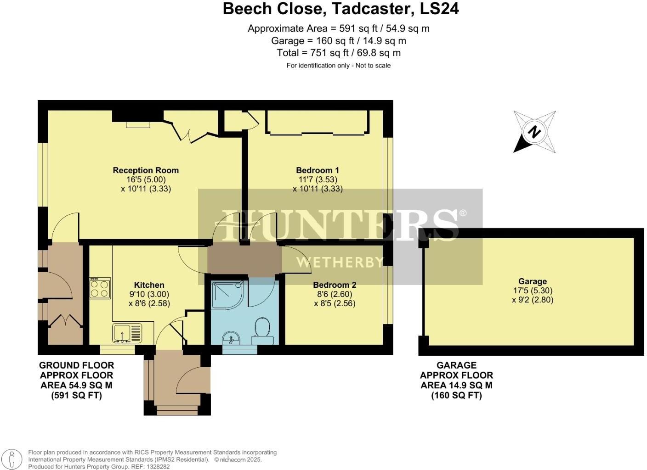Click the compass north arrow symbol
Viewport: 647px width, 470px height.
(x=534, y=132)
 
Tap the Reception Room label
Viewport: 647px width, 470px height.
(x=146, y=170)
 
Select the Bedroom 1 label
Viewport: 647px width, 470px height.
(x=317, y=170)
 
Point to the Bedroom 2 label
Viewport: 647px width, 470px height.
(x=335, y=285)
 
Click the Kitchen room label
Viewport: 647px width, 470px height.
(x=149, y=285)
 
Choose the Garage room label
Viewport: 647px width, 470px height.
(x=533, y=281)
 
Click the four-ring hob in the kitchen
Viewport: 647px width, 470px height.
(x=100, y=288)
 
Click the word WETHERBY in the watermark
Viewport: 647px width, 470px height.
(x=339, y=263)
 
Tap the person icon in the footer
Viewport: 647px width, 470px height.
(x=12, y=459)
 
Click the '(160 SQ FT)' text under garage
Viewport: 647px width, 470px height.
(x=456, y=395)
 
